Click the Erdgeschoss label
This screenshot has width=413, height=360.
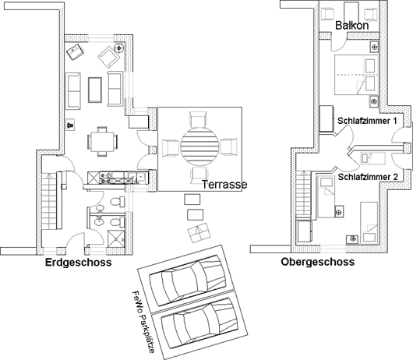coord(78,263)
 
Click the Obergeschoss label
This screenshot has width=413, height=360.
coord(318,262)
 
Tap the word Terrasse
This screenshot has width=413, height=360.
coord(224,185)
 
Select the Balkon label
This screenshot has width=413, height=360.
coord(352,26)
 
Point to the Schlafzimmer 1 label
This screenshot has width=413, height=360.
coord(367,121)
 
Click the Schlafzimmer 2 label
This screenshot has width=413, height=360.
coord(368,177)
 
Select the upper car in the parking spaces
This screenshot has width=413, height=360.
coord(188,281)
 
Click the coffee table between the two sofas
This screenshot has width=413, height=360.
coord(95,90)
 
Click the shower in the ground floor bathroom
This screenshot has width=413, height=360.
coord(116,238)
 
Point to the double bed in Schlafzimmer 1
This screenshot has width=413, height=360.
coord(356,75)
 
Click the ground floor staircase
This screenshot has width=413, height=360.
coord(49,201)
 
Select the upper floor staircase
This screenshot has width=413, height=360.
coord(303,194)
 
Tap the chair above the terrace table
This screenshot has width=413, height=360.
coord(198,120)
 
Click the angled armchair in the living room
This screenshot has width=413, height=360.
coord(109,57)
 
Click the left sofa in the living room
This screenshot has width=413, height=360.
coord(73,91)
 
